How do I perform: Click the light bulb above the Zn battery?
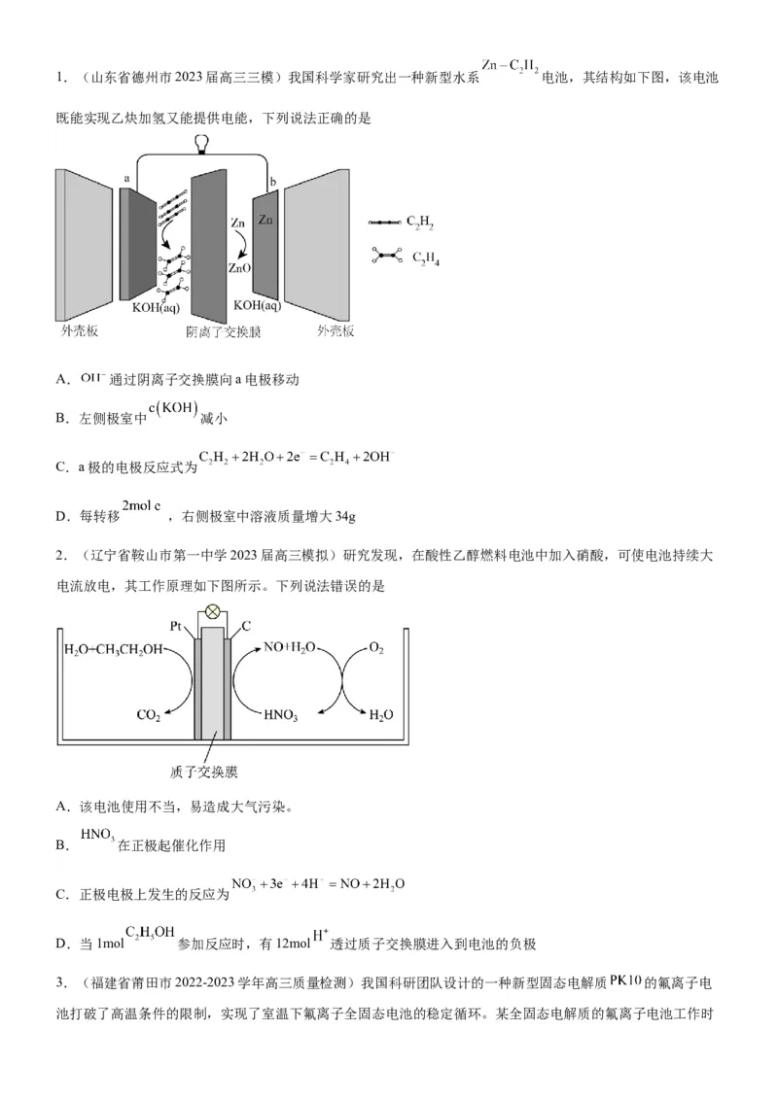click(x=202, y=146)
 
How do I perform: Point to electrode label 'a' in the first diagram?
click(x=127, y=179)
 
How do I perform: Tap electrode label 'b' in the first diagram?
click(x=273, y=182)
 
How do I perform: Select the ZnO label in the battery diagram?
click(x=239, y=267)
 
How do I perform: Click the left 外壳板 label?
click(x=79, y=330)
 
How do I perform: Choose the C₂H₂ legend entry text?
click(x=420, y=223)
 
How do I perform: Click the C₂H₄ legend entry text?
click(x=426, y=258)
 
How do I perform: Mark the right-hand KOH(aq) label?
click(x=257, y=305)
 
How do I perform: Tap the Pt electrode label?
click(x=176, y=627)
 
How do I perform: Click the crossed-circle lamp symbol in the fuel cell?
click(x=210, y=615)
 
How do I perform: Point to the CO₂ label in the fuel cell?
click(x=149, y=716)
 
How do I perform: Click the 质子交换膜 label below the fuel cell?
click(x=204, y=773)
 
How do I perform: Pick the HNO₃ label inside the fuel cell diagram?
click(x=280, y=716)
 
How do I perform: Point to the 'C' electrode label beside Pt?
click(x=233, y=628)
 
